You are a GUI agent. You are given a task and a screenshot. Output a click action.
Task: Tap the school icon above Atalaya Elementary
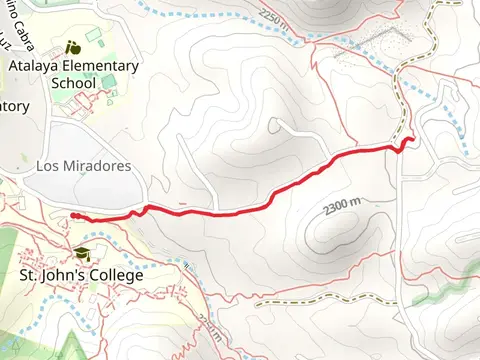72,47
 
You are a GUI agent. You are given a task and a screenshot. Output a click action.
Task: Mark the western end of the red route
74,215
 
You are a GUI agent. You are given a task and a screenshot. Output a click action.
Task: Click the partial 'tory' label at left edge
13,106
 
